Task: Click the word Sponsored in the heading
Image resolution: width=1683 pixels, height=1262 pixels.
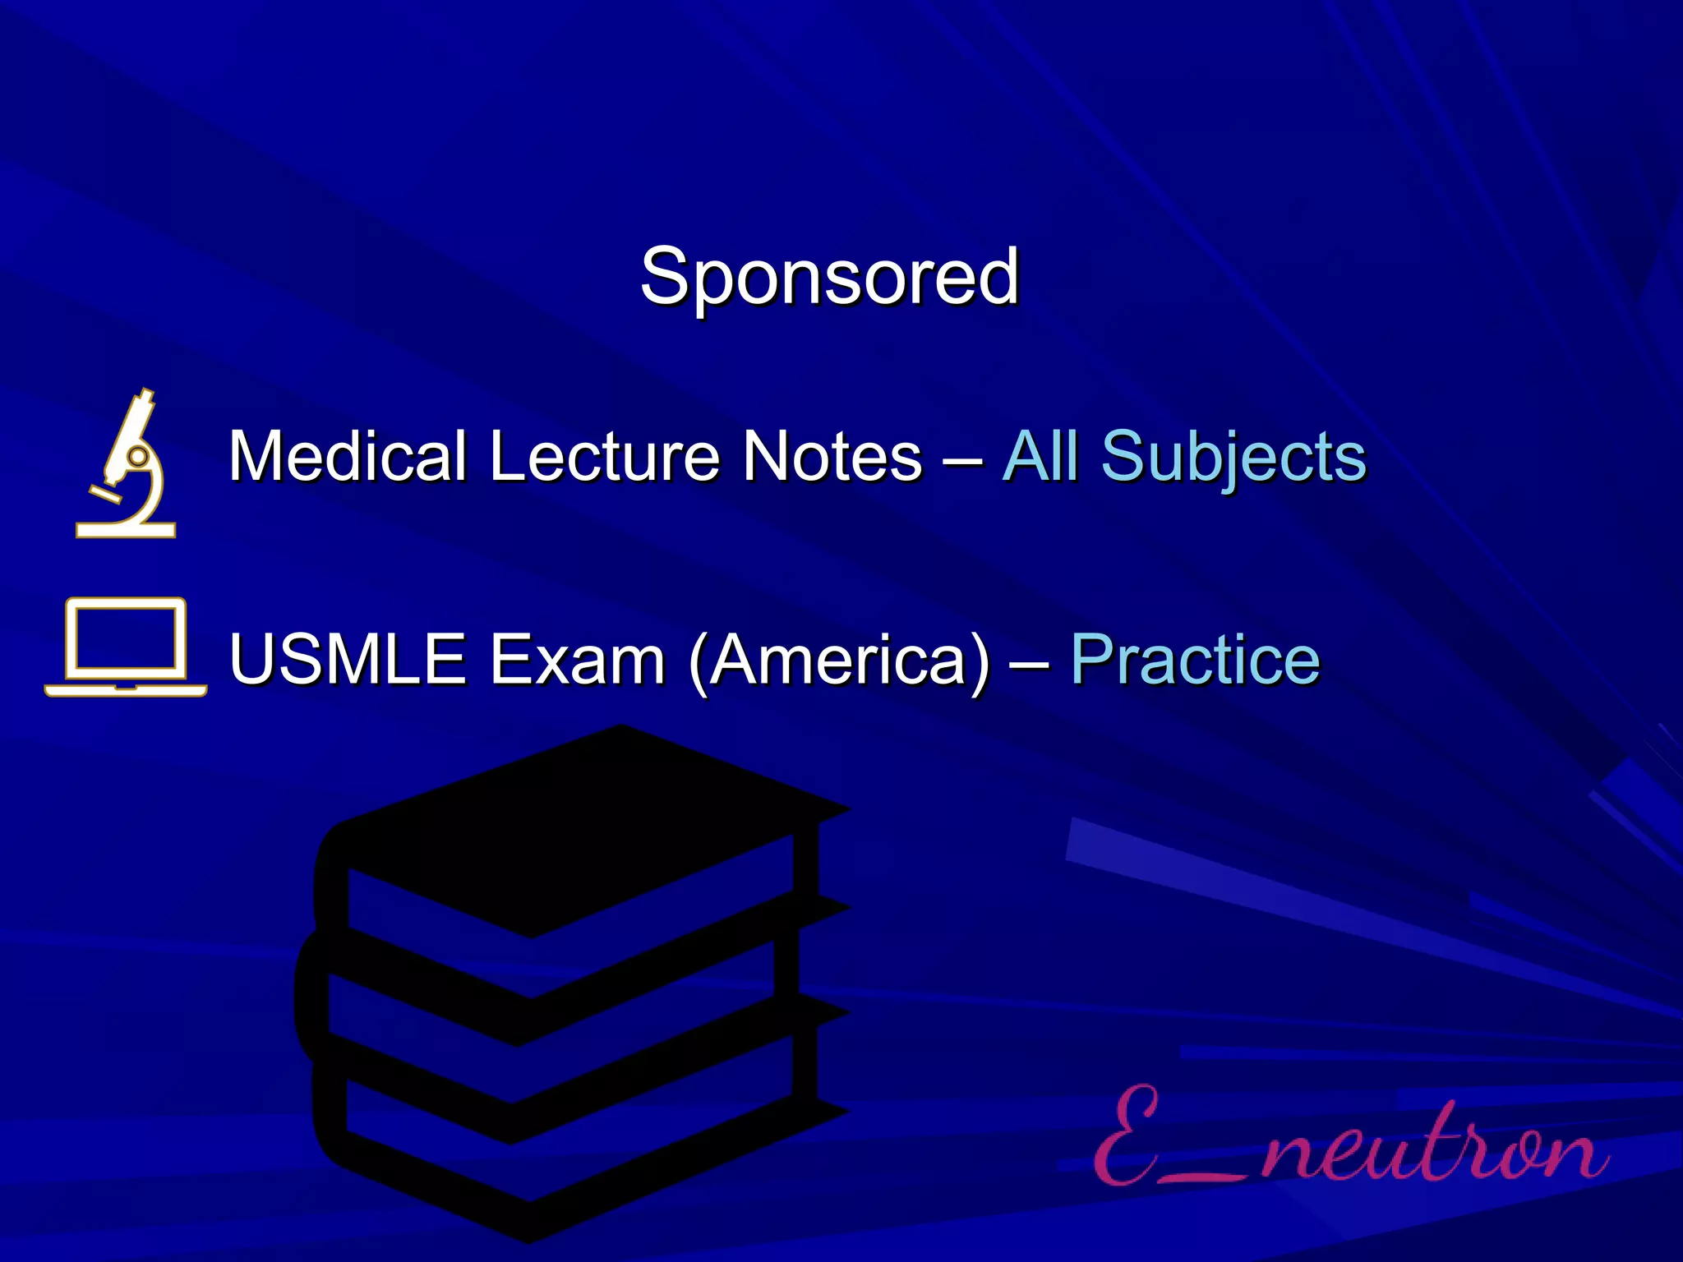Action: tap(829, 276)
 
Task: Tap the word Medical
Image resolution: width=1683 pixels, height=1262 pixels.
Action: tap(347, 456)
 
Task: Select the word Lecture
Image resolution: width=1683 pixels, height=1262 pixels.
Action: tap(603, 456)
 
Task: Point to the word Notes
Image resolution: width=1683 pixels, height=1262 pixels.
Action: tap(832, 456)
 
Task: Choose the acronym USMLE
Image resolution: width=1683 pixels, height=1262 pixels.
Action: tap(348, 659)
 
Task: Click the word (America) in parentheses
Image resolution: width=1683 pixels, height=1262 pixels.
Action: tap(840, 661)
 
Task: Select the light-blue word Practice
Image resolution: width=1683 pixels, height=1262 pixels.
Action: tap(1195, 659)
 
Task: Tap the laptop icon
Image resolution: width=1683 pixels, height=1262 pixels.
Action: tap(126, 647)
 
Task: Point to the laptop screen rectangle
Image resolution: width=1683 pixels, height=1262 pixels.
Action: tap(126, 634)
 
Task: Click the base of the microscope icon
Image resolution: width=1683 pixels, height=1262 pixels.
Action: tap(126, 529)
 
